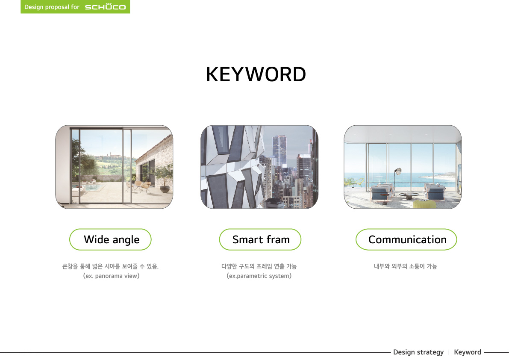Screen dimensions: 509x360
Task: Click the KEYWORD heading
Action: pyautogui.click(x=256, y=74)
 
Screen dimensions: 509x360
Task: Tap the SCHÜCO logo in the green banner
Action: pyautogui.click(x=105, y=7)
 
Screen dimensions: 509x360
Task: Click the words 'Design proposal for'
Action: pyautogui.click(x=52, y=7)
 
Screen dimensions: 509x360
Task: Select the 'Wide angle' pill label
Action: pyautogui.click(x=110, y=239)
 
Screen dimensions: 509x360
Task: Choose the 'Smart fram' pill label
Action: pyautogui.click(x=260, y=239)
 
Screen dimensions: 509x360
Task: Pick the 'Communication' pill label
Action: pyautogui.click(x=406, y=239)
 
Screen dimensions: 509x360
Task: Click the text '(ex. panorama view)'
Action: pyautogui.click(x=112, y=276)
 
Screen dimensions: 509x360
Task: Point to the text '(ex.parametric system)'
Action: pyautogui.click(x=259, y=276)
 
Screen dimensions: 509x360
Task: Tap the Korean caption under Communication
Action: pyautogui.click(x=406, y=266)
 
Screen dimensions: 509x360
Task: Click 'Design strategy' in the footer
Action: pyautogui.click(x=418, y=352)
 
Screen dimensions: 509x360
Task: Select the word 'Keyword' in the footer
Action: pyautogui.click(x=468, y=352)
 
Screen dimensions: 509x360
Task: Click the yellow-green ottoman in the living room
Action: pyautogui.click(x=424, y=204)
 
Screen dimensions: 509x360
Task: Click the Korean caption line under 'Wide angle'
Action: pyautogui.click(x=110, y=266)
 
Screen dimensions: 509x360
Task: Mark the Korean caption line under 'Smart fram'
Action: pyautogui.click(x=259, y=266)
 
